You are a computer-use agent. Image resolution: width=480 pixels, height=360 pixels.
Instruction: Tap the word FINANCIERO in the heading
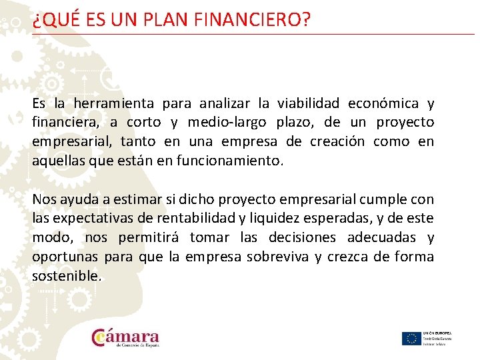(252, 21)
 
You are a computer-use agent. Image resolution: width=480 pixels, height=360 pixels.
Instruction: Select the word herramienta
(113, 103)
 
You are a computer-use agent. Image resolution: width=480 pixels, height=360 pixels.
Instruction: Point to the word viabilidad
(307, 103)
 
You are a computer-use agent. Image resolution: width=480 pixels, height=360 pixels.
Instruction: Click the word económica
(386, 103)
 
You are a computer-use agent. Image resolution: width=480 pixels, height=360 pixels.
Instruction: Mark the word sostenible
(67, 276)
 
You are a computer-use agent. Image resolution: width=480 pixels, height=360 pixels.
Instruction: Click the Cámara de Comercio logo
(126, 337)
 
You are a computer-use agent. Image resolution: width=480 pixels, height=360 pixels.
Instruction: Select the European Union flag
(411, 338)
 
